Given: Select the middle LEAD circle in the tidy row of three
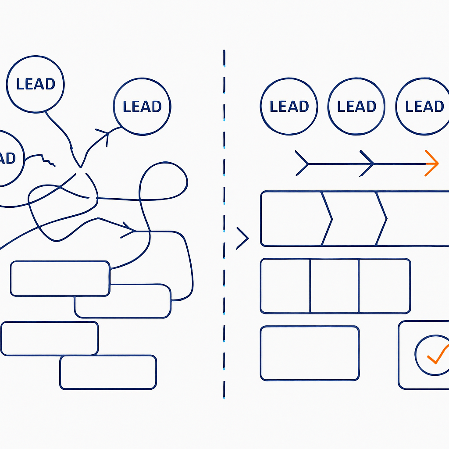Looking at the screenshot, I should coord(356,106).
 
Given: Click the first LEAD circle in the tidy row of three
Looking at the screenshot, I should coord(289,106).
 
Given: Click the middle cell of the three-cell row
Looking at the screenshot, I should coord(335,286).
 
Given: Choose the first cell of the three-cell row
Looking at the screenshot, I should coord(285,286).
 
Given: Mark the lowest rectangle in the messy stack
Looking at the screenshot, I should coord(108,372).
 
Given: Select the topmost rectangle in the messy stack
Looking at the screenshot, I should coord(60,278).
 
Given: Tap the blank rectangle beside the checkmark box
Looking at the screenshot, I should coord(310,353).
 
